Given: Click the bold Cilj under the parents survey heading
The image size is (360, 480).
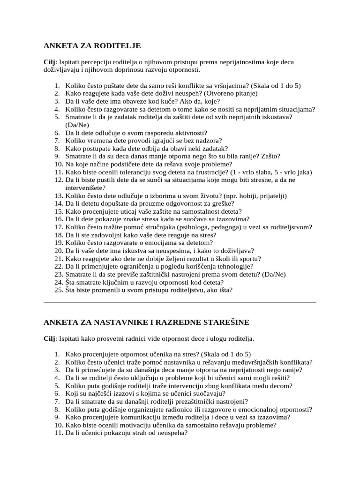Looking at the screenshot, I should pyautogui.click(x=49, y=62).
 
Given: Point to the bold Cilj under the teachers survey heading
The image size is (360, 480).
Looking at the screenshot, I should pyautogui.click(x=49, y=338).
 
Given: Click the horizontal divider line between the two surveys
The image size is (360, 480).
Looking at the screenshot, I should pyautogui.click(x=180, y=302).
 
